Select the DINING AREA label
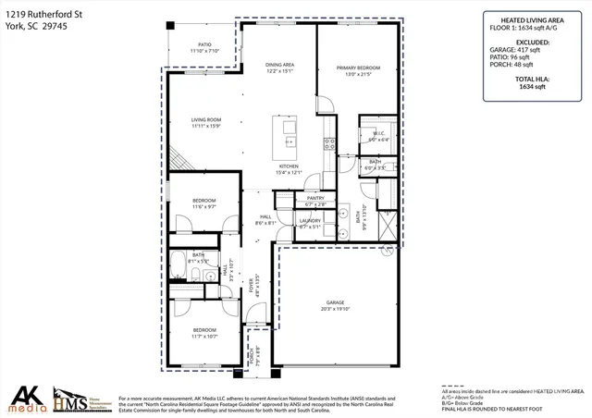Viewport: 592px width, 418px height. pos(278,64)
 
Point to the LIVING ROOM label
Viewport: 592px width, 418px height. pos(205,119)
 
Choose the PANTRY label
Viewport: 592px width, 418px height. pos(315,198)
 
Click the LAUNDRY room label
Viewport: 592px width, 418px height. pos(310,220)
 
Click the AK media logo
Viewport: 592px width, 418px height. pos(25,398)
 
